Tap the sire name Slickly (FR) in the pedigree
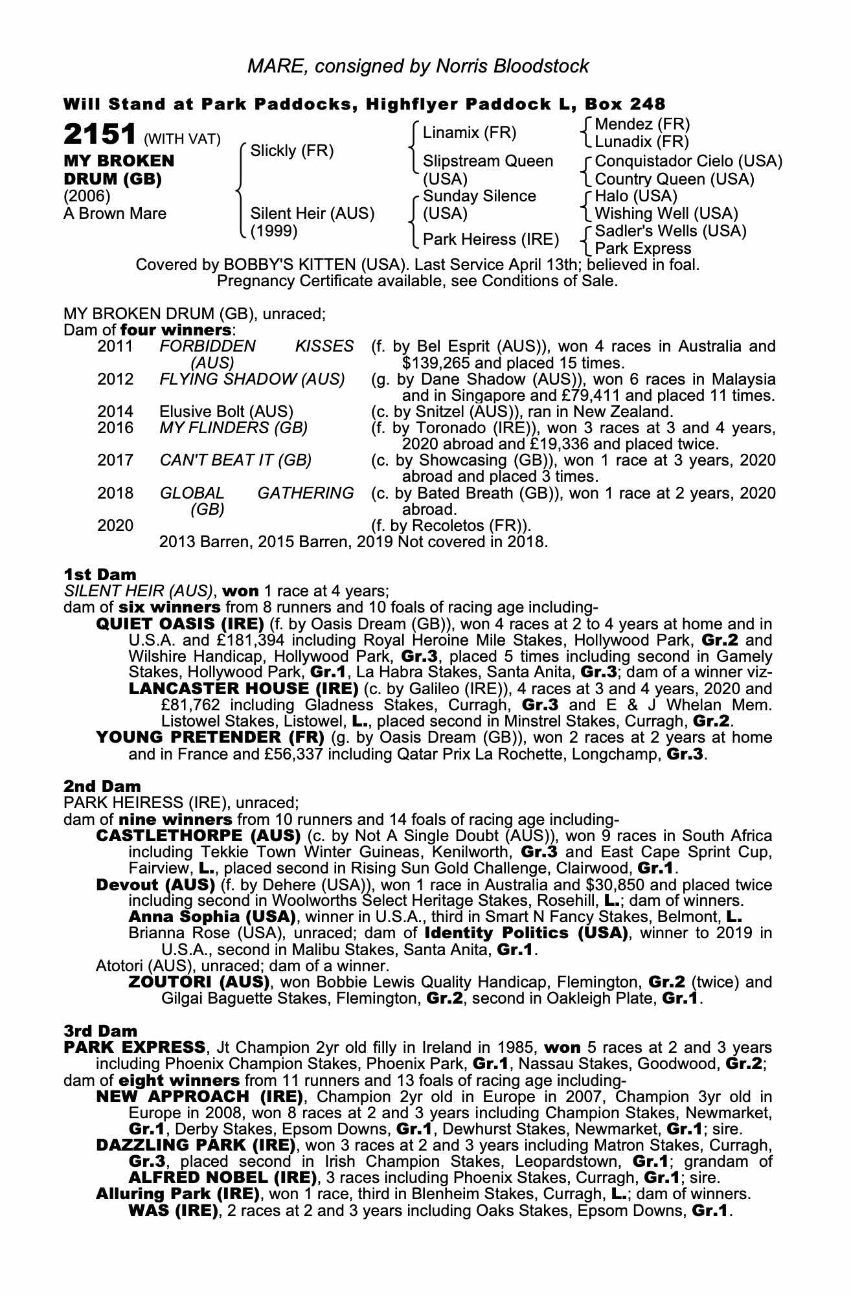[x=291, y=151]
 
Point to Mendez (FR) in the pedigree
[x=642, y=124]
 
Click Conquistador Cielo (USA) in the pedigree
[x=688, y=161]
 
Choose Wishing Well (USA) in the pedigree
[x=666, y=213]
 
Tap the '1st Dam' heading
[x=100, y=574]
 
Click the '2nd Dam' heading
[x=102, y=786]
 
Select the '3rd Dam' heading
[x=100, y=1030]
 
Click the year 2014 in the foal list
[x=115, y=411]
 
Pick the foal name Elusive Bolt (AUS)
[x=226, y=411]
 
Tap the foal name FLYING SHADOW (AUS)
[x=252, y=379]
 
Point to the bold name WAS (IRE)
[x=174, y=1211]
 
